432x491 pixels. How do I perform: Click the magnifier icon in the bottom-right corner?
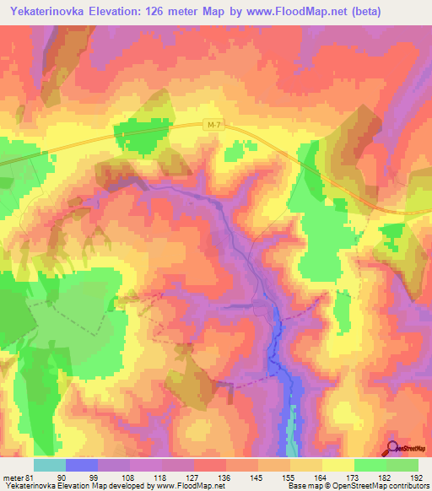click(x=393, y=448)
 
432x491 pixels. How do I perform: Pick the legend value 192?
click(x=418, y=477)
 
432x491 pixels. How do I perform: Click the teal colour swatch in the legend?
click(x=50, y=465)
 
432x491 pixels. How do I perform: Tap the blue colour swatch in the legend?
click(x=82, y=465)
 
